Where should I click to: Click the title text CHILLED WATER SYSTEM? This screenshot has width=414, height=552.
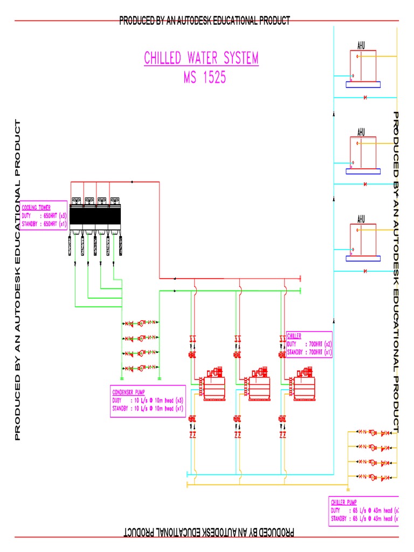tap(201, 58)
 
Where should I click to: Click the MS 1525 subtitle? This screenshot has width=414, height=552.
tap(204, 78)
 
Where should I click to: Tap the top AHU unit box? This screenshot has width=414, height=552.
tap(363, 66)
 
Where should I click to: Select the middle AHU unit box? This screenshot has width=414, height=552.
tap(363, 152)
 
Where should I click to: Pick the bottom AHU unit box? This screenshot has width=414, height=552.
tap(363, 239)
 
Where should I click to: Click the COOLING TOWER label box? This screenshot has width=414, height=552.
tap(44, 215)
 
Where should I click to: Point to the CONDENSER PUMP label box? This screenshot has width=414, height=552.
tap(148, 401)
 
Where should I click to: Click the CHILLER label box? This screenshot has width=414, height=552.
tap(309, 344)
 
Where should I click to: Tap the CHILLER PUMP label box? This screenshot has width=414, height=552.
tap(363, 511)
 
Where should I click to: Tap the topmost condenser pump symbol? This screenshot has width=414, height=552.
tap(140, 323)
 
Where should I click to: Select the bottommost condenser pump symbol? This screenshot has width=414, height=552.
tap(140, 368)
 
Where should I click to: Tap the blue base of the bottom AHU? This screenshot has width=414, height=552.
tap(363, 258)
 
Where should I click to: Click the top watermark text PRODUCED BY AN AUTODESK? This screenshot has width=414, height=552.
tap(204, 20)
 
